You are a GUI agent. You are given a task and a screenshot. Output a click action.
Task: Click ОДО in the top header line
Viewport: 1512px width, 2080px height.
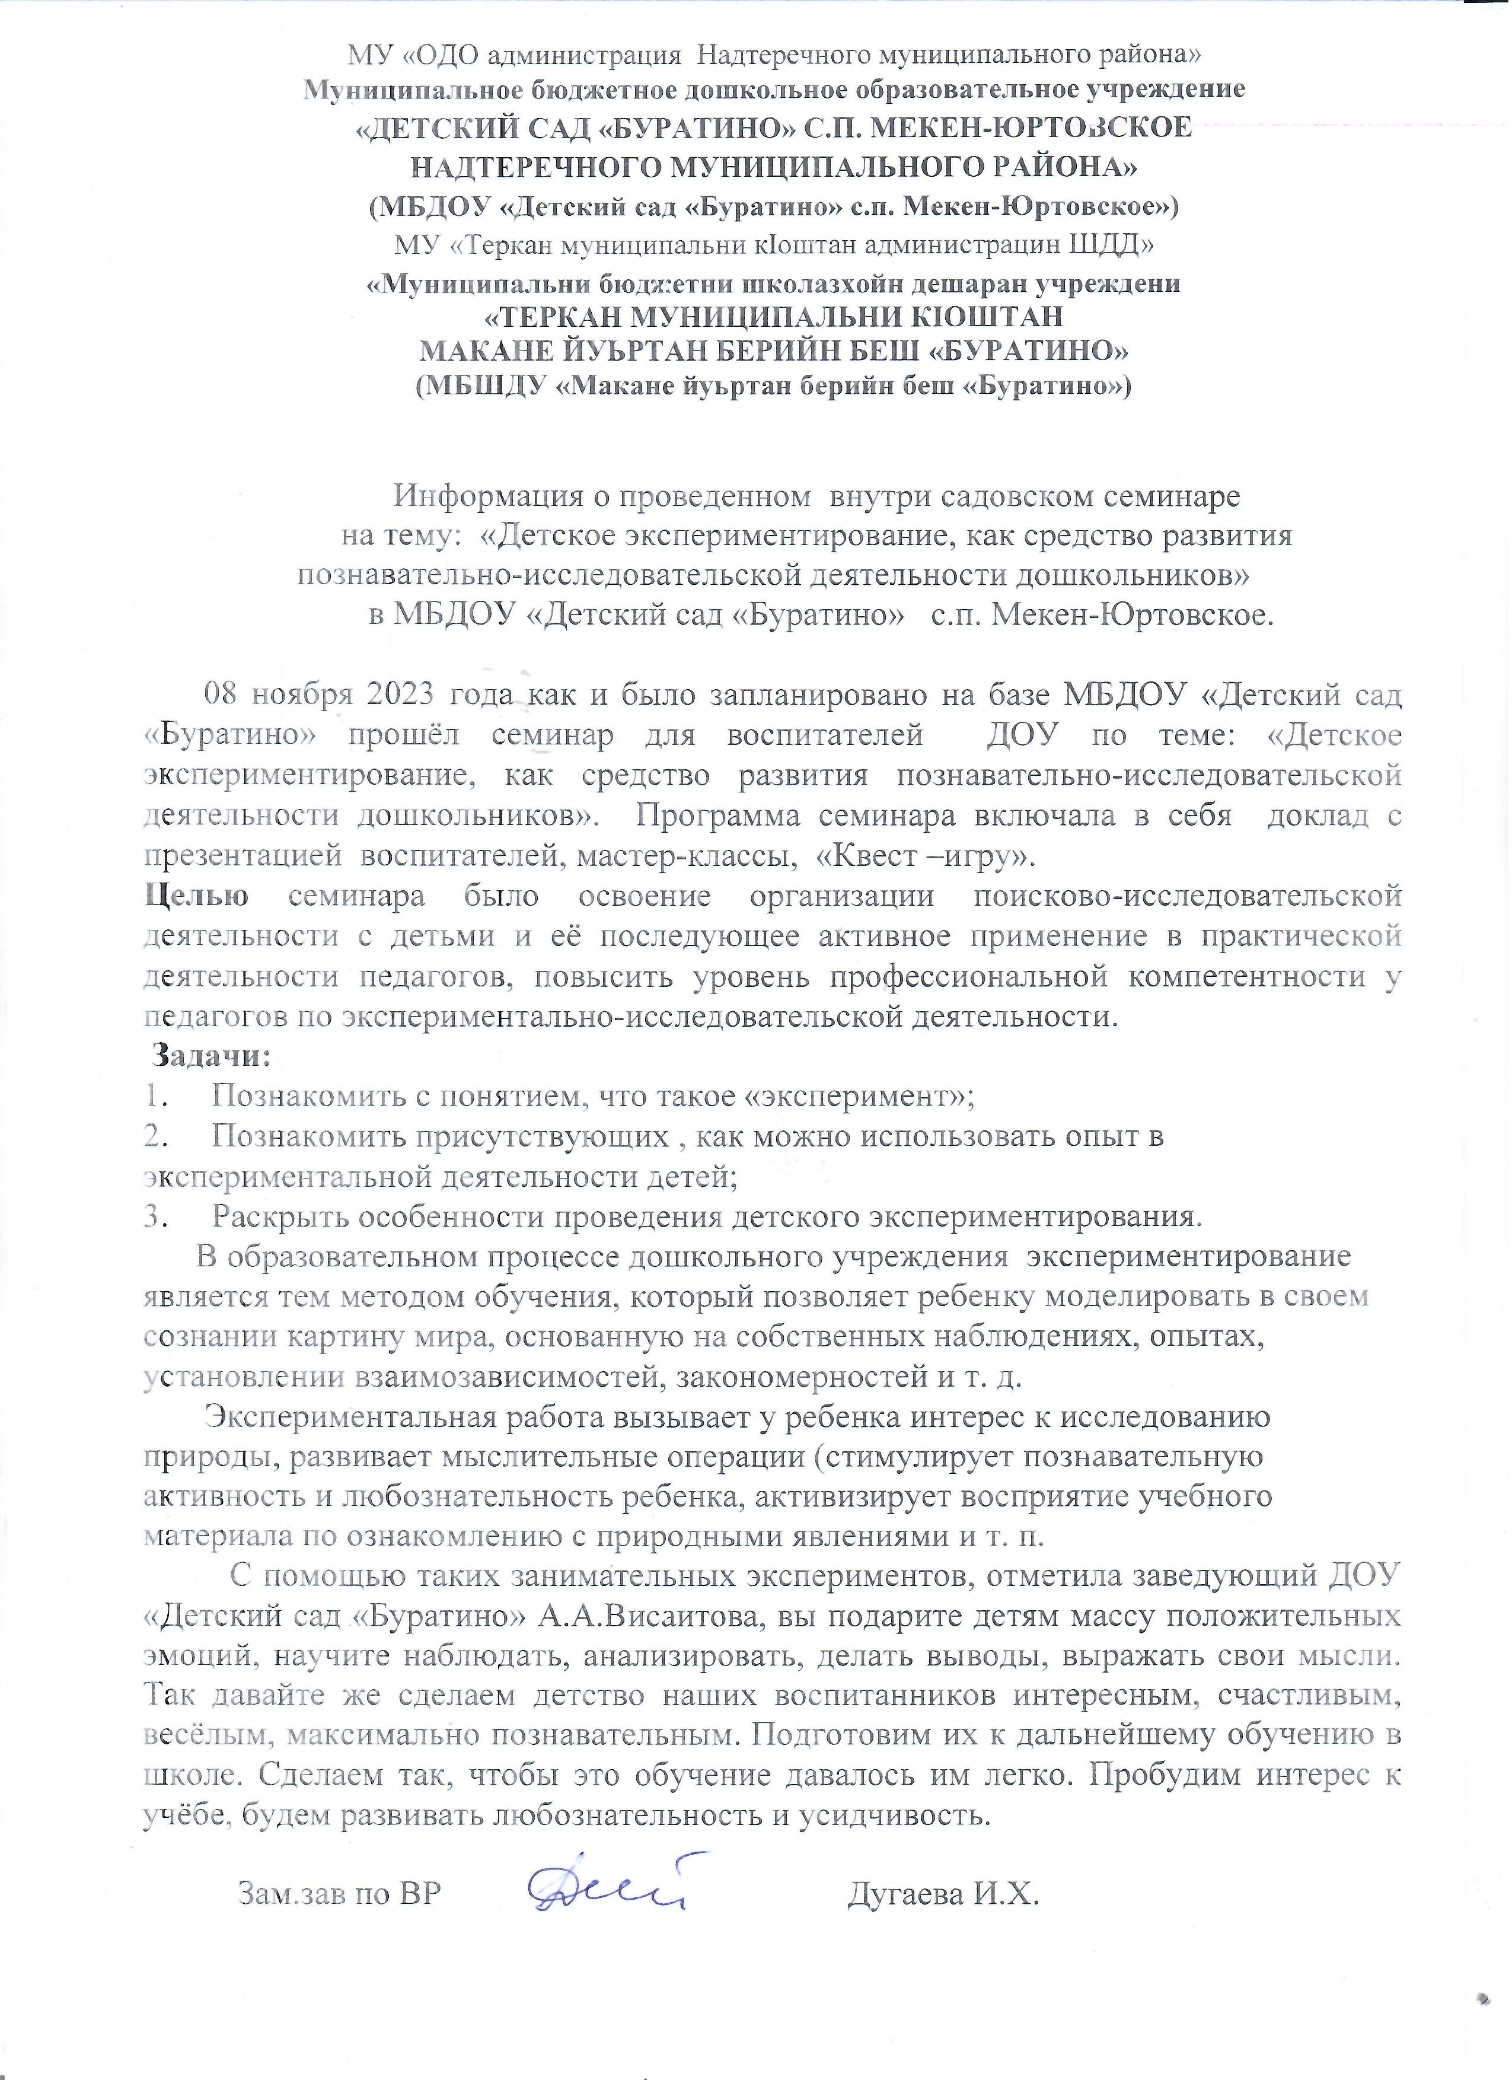pyautogui.click(x=443, y=55)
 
